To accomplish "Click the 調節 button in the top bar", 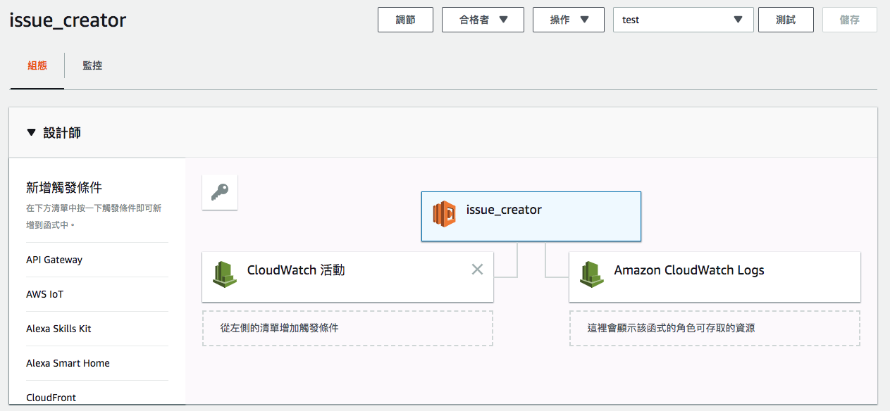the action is (x=405, y=20).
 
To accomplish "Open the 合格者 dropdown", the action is (x=483, y=20).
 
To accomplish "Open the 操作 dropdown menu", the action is (x=568, y=20).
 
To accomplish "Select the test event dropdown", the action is (x=683, y=20).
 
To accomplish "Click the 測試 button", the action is (x=786, y=20).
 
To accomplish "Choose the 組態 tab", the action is (x=37, y=65).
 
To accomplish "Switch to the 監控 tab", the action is (x=92, y=65).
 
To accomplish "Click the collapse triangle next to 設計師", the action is (x=32, y=132).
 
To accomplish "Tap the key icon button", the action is (x=220, y=192).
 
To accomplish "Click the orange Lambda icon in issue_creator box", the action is (x=444, y=214).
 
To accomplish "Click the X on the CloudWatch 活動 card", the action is (x=477, y=270).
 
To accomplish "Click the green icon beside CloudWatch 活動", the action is (x=225, y=274).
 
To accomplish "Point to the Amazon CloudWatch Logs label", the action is (x=689, y=270).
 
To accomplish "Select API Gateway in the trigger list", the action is (x=54, y=260).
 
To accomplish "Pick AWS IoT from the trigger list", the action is (x=44, y=294).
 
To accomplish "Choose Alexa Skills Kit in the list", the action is (x=58, y=329).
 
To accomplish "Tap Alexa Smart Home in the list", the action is (x=68, y=363).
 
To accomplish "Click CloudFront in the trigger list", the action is (x=51, y=398).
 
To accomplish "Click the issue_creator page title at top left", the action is (x=68, y=20).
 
